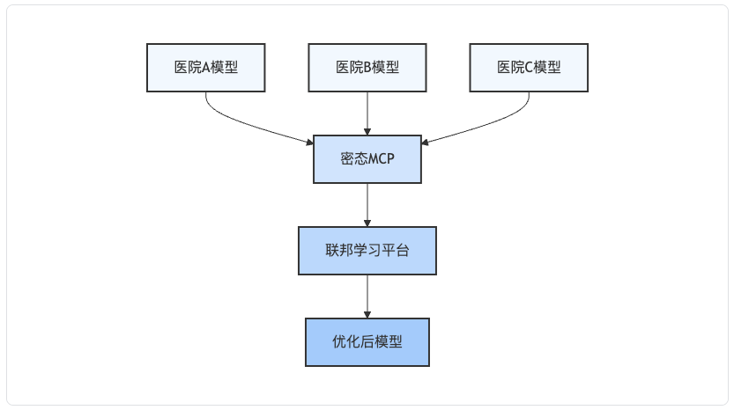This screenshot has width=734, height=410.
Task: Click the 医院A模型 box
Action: [206, 68]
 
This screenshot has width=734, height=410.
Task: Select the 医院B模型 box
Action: [367, 68]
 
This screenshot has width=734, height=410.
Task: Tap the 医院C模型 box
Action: [529, 68]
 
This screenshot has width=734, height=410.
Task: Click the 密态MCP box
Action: [367, 159]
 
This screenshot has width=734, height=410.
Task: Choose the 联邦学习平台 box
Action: [367, 251]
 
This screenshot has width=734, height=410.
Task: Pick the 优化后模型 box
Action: [367, 342]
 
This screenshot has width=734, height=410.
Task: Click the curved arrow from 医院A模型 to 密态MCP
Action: [243, 125]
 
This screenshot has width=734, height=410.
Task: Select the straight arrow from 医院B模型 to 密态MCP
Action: [367, 113]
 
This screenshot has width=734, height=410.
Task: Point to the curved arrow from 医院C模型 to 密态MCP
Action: [492, 125]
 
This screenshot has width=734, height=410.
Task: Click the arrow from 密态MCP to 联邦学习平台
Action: [367, 205]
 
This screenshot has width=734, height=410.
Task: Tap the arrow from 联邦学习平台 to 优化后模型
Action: [367, 297]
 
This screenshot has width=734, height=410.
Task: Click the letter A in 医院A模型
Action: [206, 68]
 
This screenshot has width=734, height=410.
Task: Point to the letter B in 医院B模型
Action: [367, 68]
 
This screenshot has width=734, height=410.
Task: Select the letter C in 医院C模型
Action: [529, 68]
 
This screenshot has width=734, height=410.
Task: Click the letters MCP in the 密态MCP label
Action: [381, 159]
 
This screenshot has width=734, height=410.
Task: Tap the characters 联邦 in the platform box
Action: [339, 250]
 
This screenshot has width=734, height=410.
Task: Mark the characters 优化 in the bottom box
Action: [346, 341]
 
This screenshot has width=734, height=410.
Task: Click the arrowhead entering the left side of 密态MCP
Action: [310, 143]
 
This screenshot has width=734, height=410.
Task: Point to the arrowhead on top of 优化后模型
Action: [367, 315]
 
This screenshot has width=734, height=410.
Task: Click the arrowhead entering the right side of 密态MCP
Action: [425, 143]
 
